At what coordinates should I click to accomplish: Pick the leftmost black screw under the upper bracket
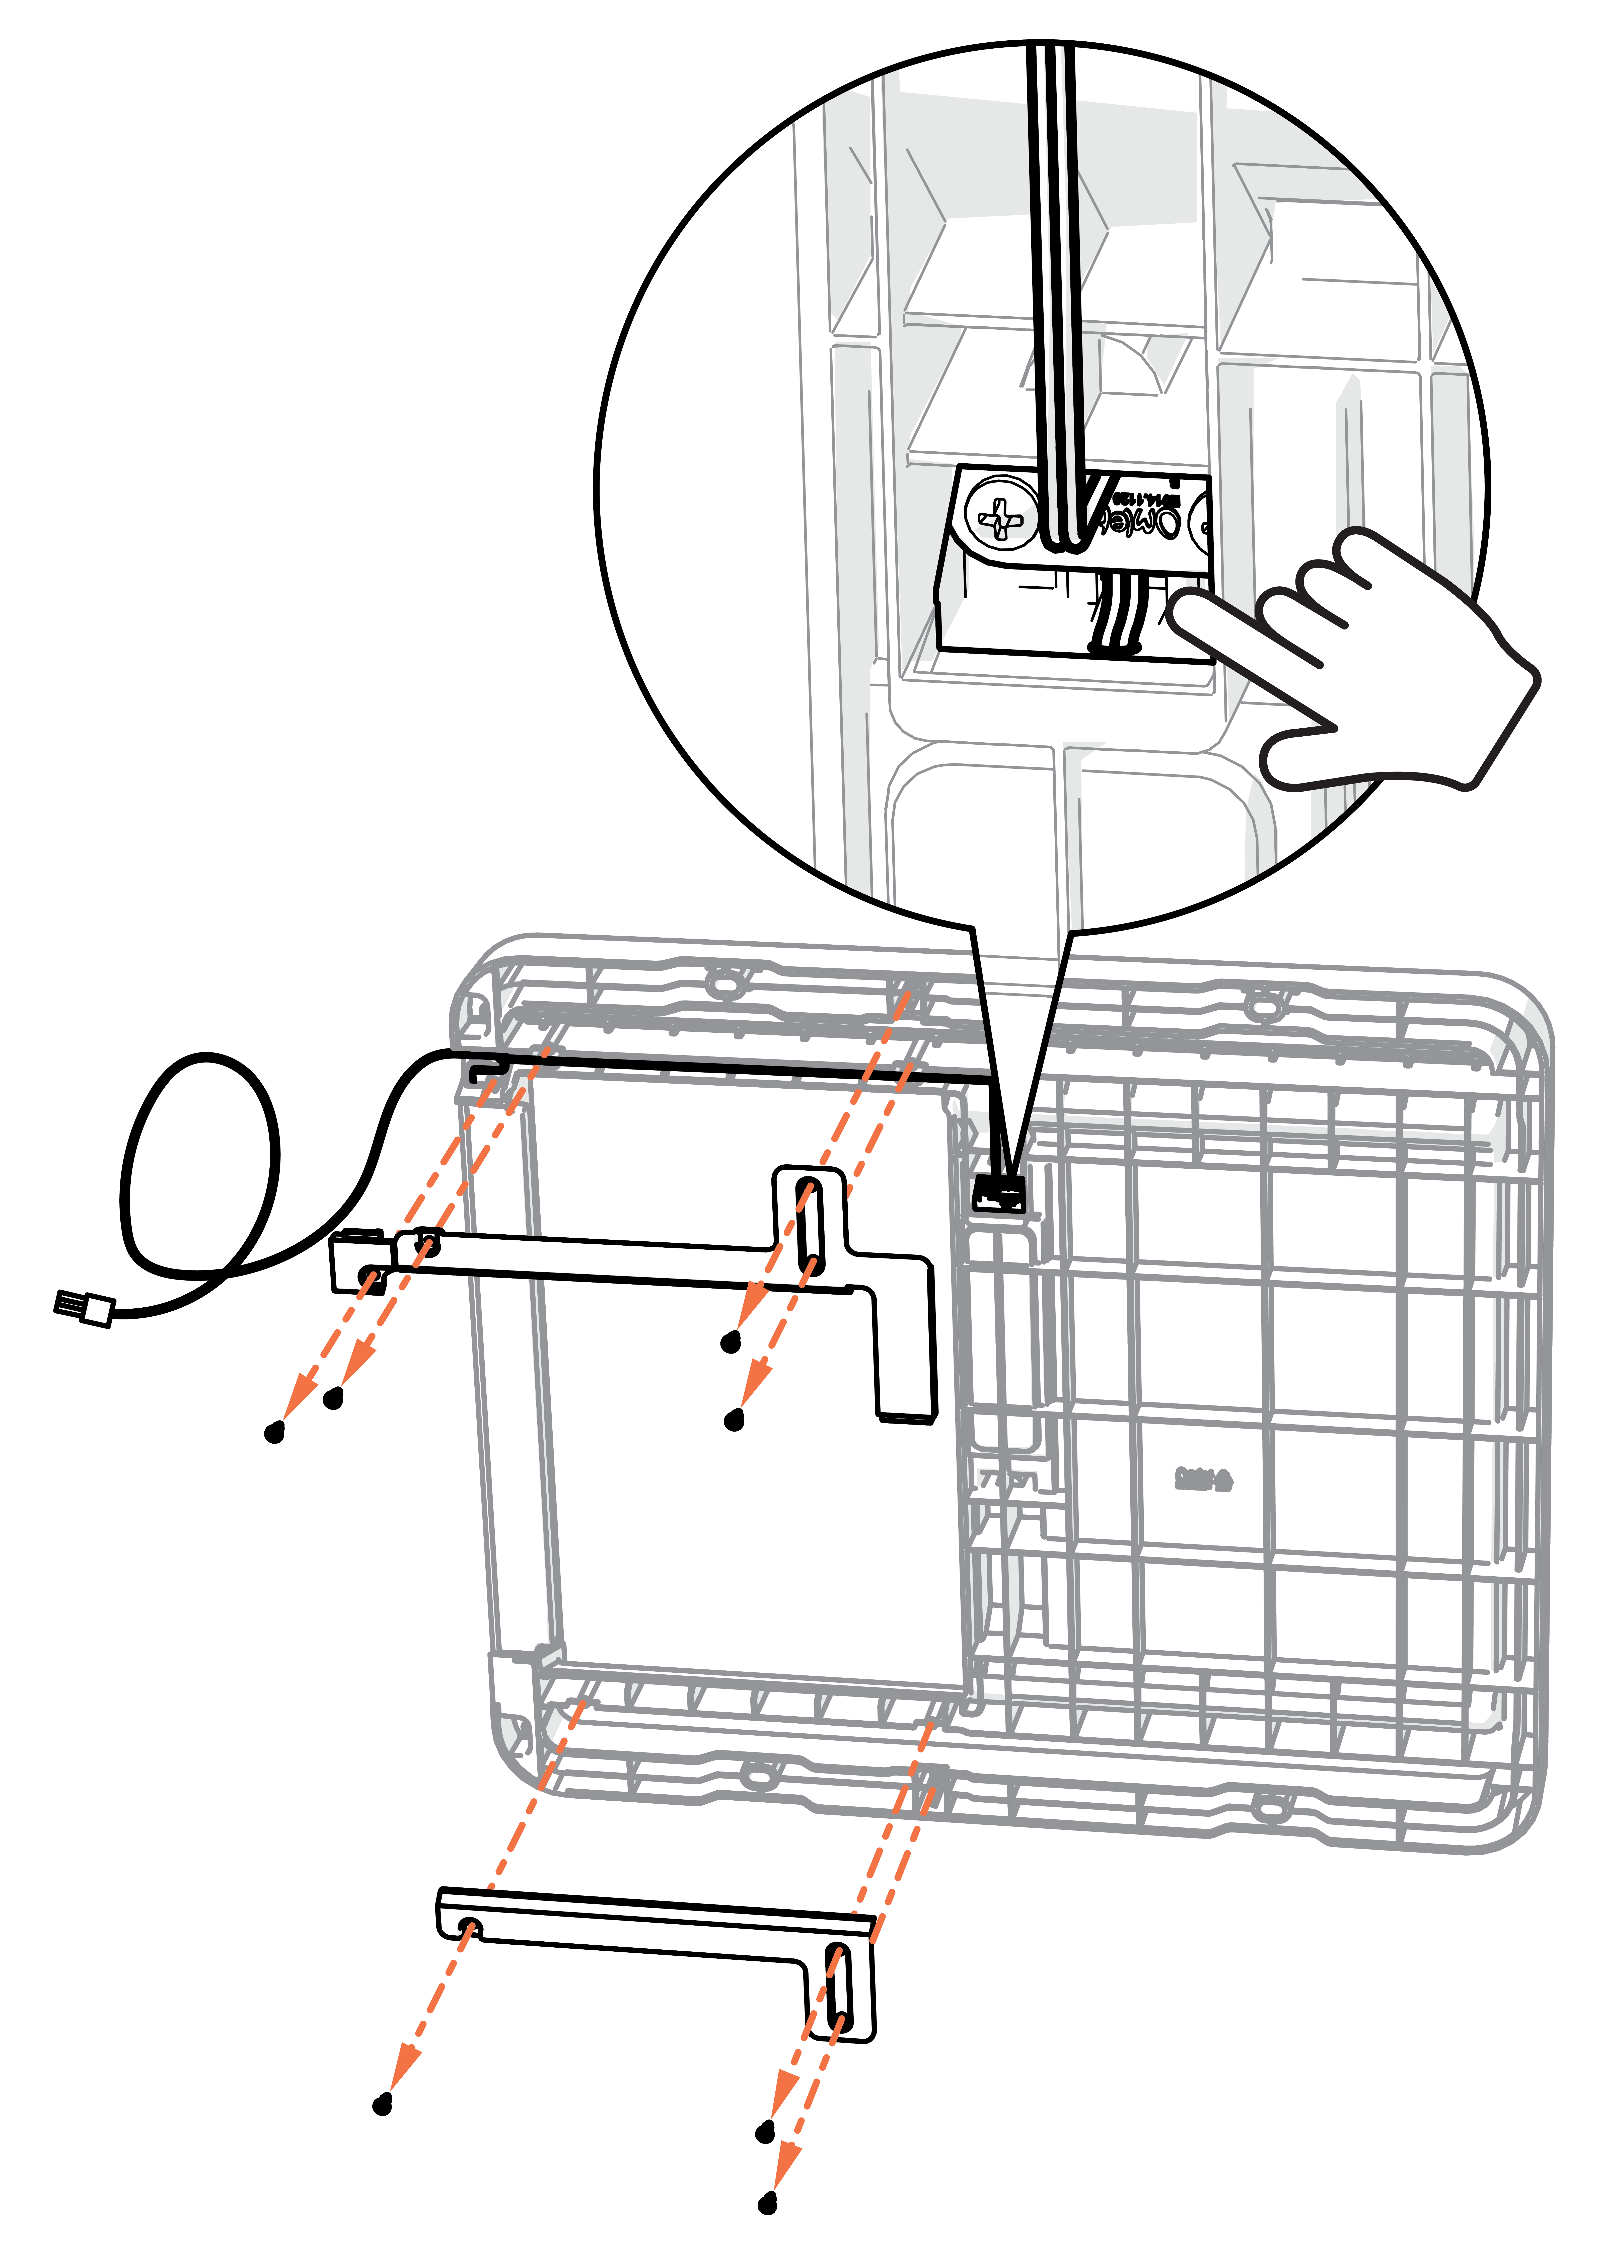pyautogui.click(x=275, y=1433)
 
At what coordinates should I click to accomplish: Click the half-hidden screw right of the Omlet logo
pyautogui.click(x=1201, y=520)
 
